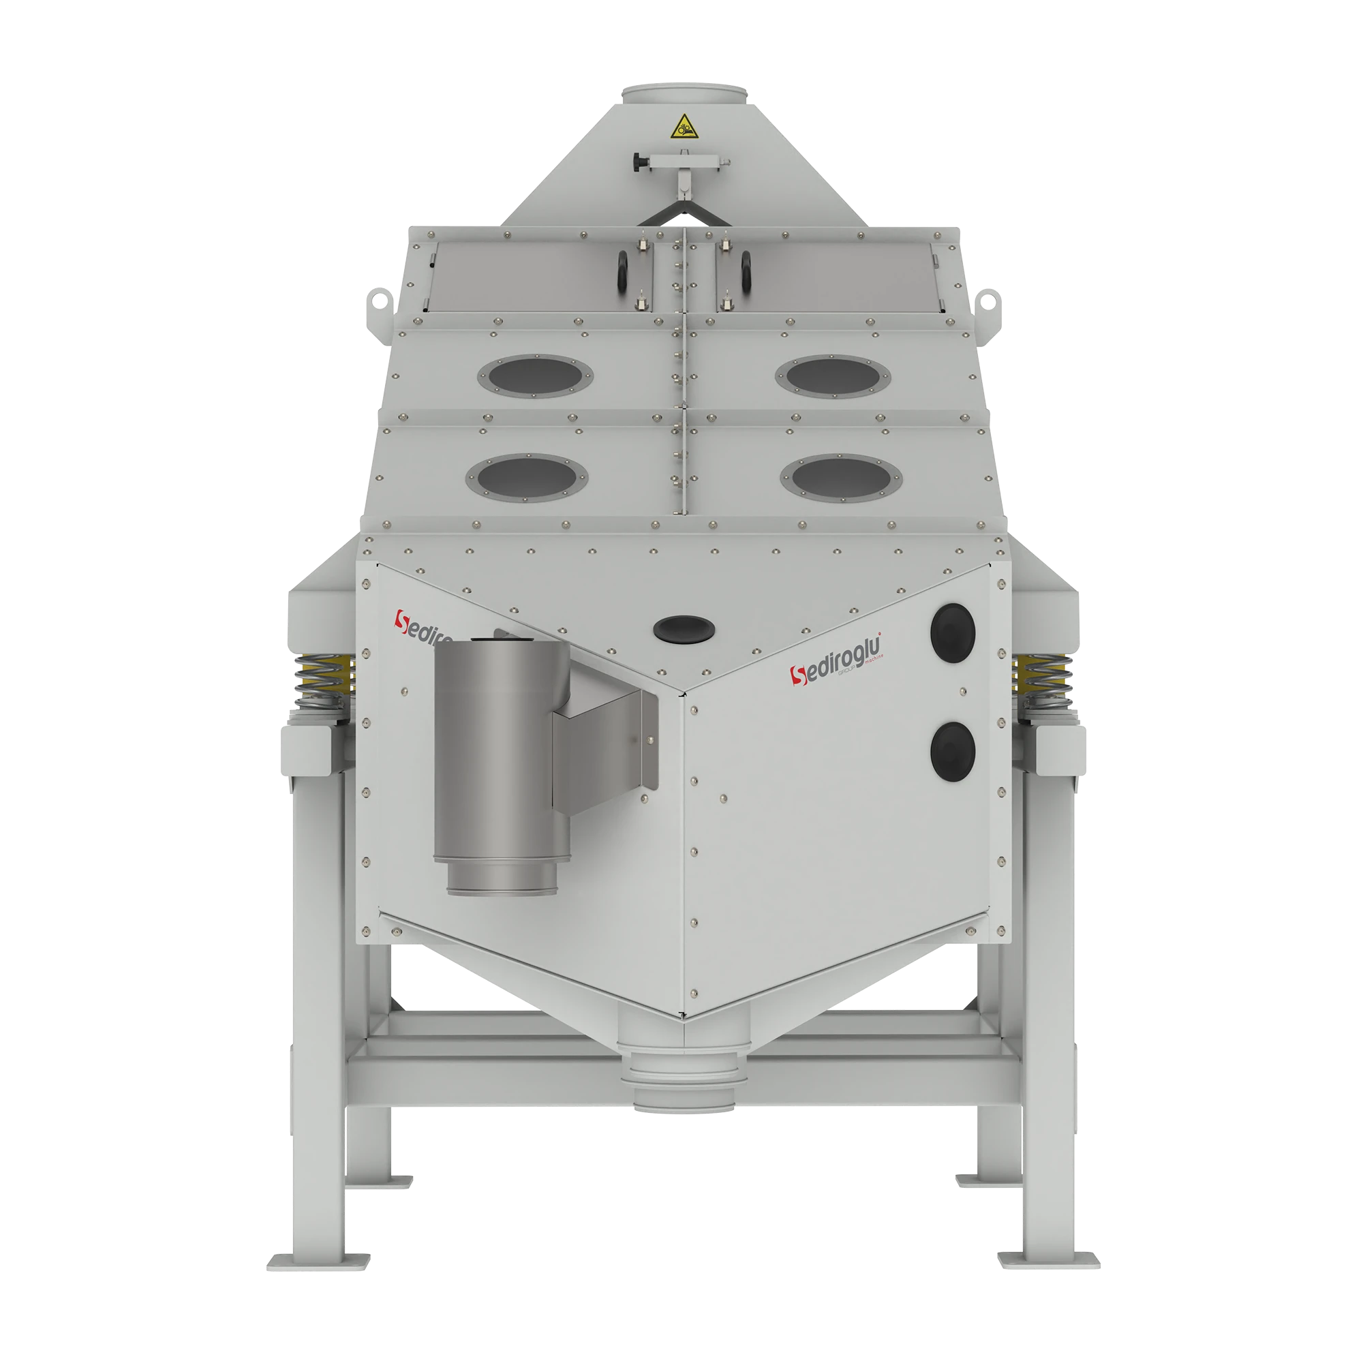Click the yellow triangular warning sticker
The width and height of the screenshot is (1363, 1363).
[x=682, y=127]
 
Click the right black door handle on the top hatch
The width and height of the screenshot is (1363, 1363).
[x=744, y=269]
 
